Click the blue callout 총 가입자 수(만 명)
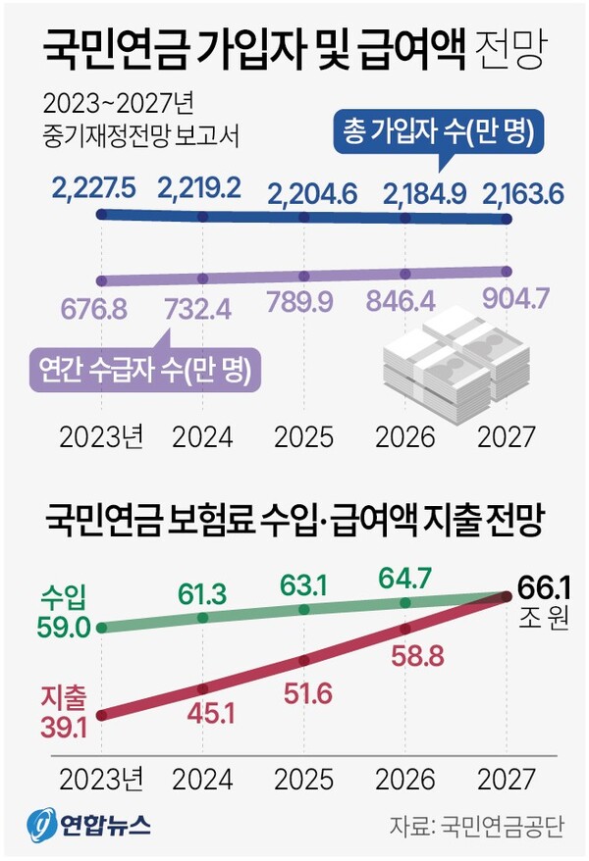[x=437, y=134]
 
